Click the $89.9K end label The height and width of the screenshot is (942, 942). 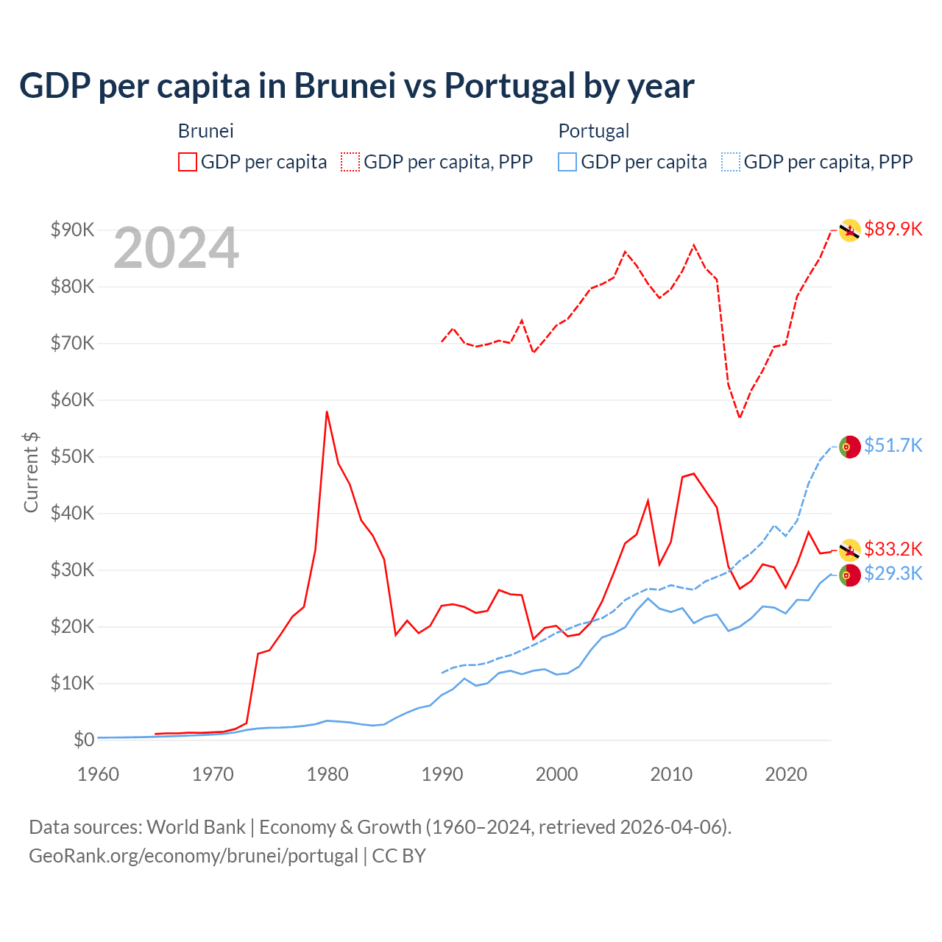tap(893, 229)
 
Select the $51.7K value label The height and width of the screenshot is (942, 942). tap(893, 445)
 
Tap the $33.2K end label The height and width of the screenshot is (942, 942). tap(893, 549)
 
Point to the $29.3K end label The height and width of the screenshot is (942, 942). tap(893, 573)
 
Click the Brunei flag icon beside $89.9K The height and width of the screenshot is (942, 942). tap(850, 230)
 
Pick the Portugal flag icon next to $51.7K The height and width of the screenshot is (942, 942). tap(850, 447)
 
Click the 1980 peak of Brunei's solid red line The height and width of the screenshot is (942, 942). tap(327, 412)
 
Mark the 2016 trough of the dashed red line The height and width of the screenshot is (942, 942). tap(740, 417)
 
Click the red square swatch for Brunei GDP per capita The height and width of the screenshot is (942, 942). tap(188, 162)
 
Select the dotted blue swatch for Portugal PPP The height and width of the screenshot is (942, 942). tap(731, 162)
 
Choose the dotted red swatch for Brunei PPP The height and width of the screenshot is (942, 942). tap(350, 162)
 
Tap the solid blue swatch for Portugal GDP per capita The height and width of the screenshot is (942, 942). tap(567, 162)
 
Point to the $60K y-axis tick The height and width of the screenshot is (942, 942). tap(73, 400)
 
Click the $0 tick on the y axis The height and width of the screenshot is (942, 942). tap(84, 740)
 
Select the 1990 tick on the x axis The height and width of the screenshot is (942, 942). tap(442, 774)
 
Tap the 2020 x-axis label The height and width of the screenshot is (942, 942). tap(786, 774)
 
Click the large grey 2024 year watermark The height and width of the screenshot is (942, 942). tap(176, 248)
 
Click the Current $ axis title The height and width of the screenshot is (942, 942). tap(31, 472)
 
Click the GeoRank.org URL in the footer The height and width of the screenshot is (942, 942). tap(193, 856)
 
